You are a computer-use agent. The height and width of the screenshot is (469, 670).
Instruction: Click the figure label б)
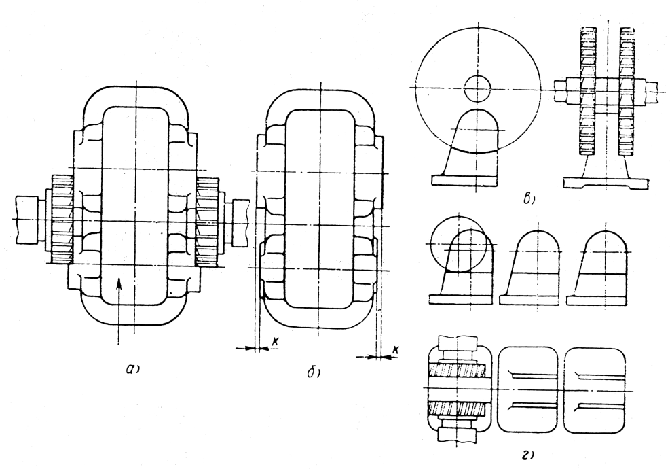click(x=314, y=372)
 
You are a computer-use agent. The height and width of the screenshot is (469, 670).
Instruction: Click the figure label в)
click(x=529, y=199)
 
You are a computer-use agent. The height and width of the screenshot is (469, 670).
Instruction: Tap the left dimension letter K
click(x=276, y=341)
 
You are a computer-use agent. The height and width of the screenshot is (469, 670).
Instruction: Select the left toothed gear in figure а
click(x=62, y=219)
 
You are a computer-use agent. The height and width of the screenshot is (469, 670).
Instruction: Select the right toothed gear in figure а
click(x=208, y=221)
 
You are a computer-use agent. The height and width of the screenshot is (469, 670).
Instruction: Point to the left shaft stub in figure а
click(x=27, y=220)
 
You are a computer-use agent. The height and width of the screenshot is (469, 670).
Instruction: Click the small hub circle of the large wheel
click(x=477, y=89)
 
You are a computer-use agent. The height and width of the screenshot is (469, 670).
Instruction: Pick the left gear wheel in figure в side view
click(x=589, y=91)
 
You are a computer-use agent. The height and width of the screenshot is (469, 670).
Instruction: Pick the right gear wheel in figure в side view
click(x=628, y=91)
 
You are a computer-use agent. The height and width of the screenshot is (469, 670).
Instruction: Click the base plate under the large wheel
click(x=464, y=181)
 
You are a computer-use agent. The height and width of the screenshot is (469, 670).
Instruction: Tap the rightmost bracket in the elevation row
click(x=597, y=267)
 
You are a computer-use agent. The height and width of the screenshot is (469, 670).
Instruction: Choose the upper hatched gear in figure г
click(x=458, y=370)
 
